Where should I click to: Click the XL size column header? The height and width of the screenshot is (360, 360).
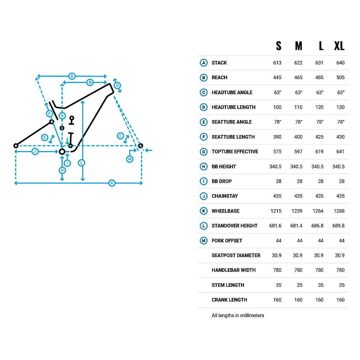pos(339,46)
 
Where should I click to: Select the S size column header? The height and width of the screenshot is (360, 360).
pos(279,46)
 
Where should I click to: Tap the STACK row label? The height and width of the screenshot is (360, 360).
pos(219,63)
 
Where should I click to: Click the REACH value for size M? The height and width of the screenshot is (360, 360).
pos(298,77)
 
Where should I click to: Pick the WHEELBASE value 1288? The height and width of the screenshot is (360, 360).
pos(339,211)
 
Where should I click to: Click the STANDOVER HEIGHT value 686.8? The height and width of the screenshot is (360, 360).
pos(317,226)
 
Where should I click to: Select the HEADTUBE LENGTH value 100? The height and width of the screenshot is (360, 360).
pos(277,107)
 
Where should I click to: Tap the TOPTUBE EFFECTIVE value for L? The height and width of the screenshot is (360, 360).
pos(319,151)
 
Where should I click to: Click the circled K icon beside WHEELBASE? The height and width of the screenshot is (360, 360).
pos(204,211)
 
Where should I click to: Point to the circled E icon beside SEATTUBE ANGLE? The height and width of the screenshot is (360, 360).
pos(204,122)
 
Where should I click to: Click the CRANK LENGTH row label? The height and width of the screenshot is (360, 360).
pos(229,300)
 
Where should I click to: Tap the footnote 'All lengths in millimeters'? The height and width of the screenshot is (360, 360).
pos(238,315)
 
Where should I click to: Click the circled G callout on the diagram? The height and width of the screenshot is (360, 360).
pos(72,76)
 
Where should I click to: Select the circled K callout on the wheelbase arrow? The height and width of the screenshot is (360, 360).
pos(112,183)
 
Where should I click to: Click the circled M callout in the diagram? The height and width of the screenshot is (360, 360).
pos(130,159)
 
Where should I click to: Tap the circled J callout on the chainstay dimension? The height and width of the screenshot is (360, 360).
pos(35,151)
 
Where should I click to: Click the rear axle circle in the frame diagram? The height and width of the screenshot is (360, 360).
pos(16,146)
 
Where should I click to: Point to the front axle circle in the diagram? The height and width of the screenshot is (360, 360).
pos(140,146)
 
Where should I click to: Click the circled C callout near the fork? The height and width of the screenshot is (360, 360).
pos(120,136)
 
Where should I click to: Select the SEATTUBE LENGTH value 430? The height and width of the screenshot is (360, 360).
pos(340,137)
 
